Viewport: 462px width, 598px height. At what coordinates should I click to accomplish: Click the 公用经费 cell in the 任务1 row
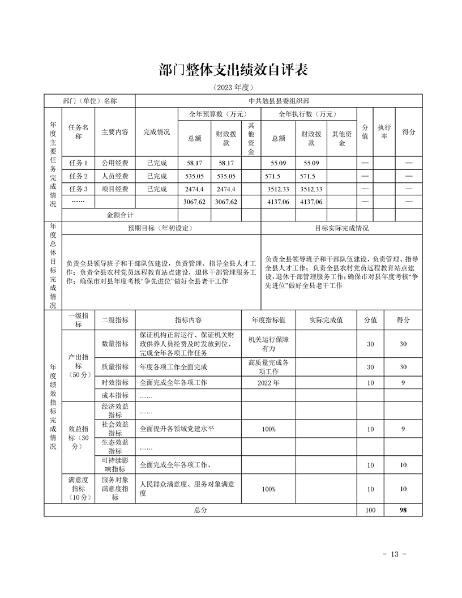click(115, 163)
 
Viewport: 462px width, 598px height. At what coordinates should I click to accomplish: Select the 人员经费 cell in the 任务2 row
click(115, 176)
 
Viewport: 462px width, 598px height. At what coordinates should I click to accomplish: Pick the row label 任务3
click(78, 189)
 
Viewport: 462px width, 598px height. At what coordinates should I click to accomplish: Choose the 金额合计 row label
click(119, 215)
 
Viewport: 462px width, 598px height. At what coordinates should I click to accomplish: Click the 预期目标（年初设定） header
click(161, 228)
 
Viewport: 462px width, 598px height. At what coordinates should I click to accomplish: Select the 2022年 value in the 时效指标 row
click(268, 383)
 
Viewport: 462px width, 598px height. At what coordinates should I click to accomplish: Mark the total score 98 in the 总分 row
click(403, 510)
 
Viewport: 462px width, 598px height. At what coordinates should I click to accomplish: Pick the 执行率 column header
click(384, 132)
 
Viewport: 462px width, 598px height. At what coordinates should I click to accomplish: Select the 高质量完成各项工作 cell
click(268, 367)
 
